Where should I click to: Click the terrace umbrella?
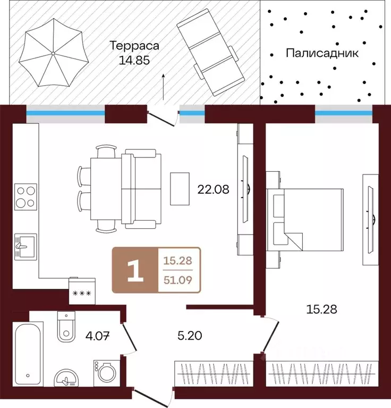click(53, 53)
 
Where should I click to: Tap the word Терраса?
click(134, 46)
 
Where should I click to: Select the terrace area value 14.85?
click(134, 60)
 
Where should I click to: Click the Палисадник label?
click(322, 53)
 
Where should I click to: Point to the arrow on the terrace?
click(164, 87)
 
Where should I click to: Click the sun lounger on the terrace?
click(211, 52)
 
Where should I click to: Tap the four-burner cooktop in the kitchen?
click(25, 197)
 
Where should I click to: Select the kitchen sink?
click(25, 247)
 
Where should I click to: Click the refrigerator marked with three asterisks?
click(82, 291)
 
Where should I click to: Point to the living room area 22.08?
click(213, 189)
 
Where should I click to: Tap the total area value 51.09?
click(178, 280)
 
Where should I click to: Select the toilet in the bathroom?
click(66, 327)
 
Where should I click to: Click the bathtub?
click(28, 354)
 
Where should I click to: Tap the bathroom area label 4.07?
click(97, 336)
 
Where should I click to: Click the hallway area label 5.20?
click(190, 336)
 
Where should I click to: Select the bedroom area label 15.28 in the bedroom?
click(321, 310)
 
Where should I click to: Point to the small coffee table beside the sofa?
click(180, 189)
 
